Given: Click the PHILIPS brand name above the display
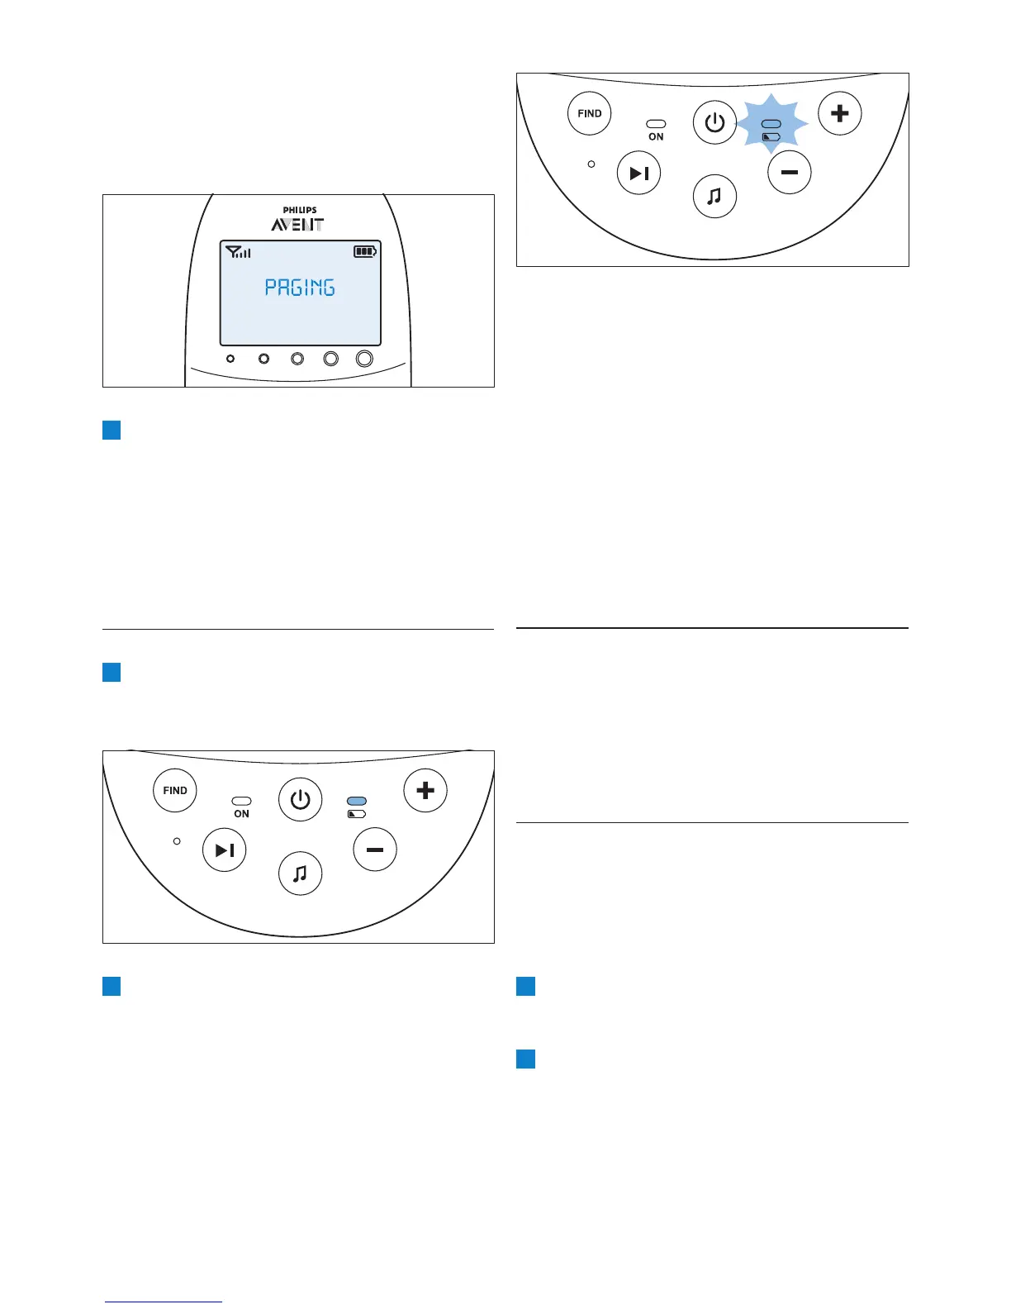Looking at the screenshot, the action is (300, 210).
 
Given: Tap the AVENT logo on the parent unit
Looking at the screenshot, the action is (298, 225).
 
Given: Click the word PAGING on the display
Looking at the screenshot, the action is (300, 288).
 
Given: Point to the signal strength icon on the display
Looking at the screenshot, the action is (238, 251).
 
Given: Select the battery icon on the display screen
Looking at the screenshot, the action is (365, 251).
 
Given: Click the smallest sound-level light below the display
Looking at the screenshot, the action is (230, 359).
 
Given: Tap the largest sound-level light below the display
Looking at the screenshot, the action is (364, 359).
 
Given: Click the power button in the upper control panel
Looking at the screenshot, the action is (714, 123).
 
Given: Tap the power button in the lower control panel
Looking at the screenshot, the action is (300, 800).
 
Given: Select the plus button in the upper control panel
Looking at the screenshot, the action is (839, 113).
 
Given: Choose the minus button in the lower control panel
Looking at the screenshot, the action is (375, 850).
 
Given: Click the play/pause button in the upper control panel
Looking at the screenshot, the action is (639, 174).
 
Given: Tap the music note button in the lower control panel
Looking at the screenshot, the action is (301, 873).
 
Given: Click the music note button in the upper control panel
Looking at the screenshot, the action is (714, 197).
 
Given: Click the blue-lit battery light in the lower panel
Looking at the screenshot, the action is (357, 801).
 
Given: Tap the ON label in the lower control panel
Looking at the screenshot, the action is (241, 814).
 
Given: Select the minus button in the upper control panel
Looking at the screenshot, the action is (789, 173).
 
